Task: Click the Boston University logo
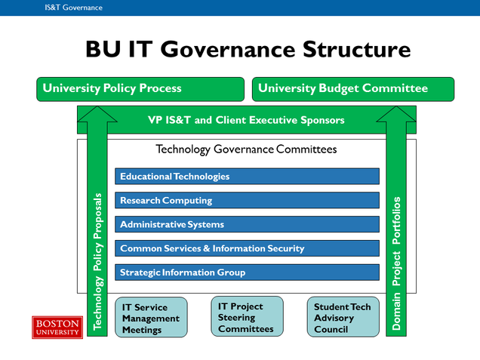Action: (x=57, y=327)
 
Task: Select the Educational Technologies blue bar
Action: (x=247, y=177)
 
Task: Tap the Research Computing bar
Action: (x=247, y=201)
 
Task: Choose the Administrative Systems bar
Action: (x=247, y=224)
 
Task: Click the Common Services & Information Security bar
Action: (x=247, y=248)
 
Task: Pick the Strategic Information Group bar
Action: (x=247, y=272)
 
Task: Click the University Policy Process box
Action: (x=140, y=89)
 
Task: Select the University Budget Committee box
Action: (x=353, y=89)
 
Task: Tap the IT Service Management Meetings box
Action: (x=151, y=318)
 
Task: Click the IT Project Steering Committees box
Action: (x=247, y=317)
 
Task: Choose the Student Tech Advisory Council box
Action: (x=342, y=318)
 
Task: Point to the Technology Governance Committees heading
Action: (x=246, y=149)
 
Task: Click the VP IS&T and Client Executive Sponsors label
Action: (x=246, y=120)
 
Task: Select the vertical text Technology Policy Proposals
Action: (x=97, y=261)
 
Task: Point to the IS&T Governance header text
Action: (x=73, y=8)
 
